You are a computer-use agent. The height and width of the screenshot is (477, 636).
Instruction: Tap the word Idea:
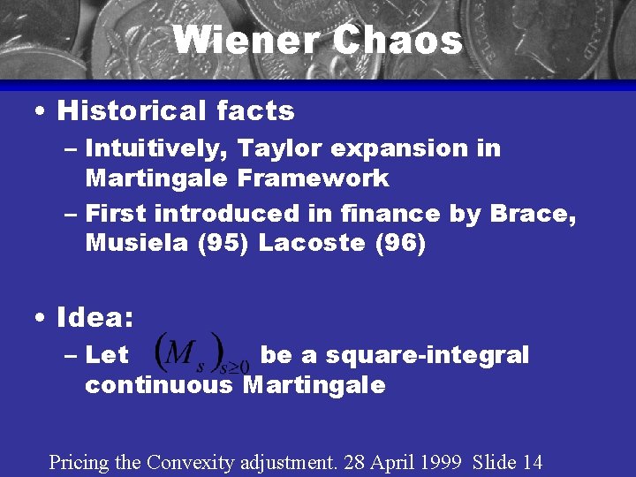[95, 316]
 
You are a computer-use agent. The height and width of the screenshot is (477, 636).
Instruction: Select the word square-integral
[427, 355]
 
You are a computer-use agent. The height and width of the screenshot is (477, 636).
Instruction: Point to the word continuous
[159, 384]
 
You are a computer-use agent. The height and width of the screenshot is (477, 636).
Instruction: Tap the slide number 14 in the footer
[531, 461]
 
